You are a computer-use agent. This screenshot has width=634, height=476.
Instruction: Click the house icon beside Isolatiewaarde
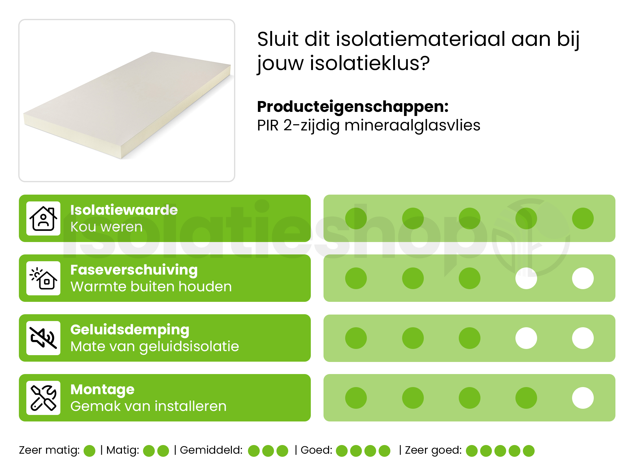point(43,218)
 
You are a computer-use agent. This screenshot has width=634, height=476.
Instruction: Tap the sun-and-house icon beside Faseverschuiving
point(43,278)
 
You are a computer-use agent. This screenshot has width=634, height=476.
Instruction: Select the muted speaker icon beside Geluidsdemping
point(43,338)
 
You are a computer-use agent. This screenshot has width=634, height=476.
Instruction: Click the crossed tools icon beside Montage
point(43,398)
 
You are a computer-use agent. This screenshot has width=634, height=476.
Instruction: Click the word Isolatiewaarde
point(124,210)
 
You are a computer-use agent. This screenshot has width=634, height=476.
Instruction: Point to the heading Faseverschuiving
point(134,270)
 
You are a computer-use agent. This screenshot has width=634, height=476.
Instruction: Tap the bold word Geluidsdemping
point(130,330)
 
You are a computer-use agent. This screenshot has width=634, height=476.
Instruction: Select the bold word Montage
point(102,390)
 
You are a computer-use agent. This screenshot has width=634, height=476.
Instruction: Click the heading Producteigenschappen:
point(353,107)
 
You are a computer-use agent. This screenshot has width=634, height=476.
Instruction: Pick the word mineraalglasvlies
point(412,126)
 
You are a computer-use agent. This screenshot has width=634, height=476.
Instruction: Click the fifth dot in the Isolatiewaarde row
point(583,218)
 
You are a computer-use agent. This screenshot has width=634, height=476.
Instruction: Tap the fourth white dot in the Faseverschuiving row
point(526,278)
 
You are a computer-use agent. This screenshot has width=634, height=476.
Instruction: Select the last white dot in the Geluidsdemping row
point(583,338)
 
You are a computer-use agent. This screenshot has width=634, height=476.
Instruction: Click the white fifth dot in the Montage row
point(583,398)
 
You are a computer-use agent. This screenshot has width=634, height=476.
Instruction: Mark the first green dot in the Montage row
point(356,398)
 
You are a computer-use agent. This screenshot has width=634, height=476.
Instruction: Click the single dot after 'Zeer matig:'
point(89,451)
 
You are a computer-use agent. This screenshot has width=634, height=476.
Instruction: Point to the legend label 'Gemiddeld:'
point(211,450)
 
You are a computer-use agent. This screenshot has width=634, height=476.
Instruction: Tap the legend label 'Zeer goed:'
point(433,450)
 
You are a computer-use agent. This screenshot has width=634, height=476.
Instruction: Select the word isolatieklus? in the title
point(370,63)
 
